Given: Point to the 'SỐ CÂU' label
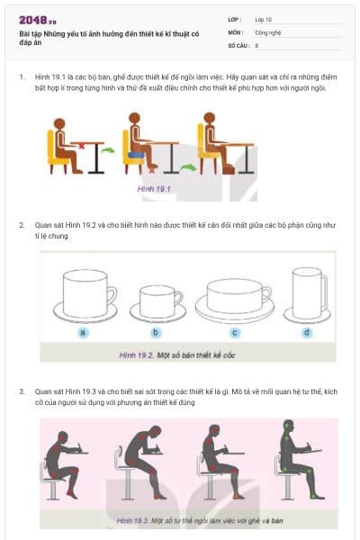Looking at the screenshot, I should pyautogui.click(x=238, y=44).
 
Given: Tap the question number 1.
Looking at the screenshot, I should pyautogui.click(x=22, y=77).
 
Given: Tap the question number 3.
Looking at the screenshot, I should pyautogui.click(x=22, y=391).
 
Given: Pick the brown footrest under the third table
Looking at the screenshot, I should pyautogui.click(x=228, y=167).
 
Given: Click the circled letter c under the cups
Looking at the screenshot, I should pyautogui.click(x=234, y=332).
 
